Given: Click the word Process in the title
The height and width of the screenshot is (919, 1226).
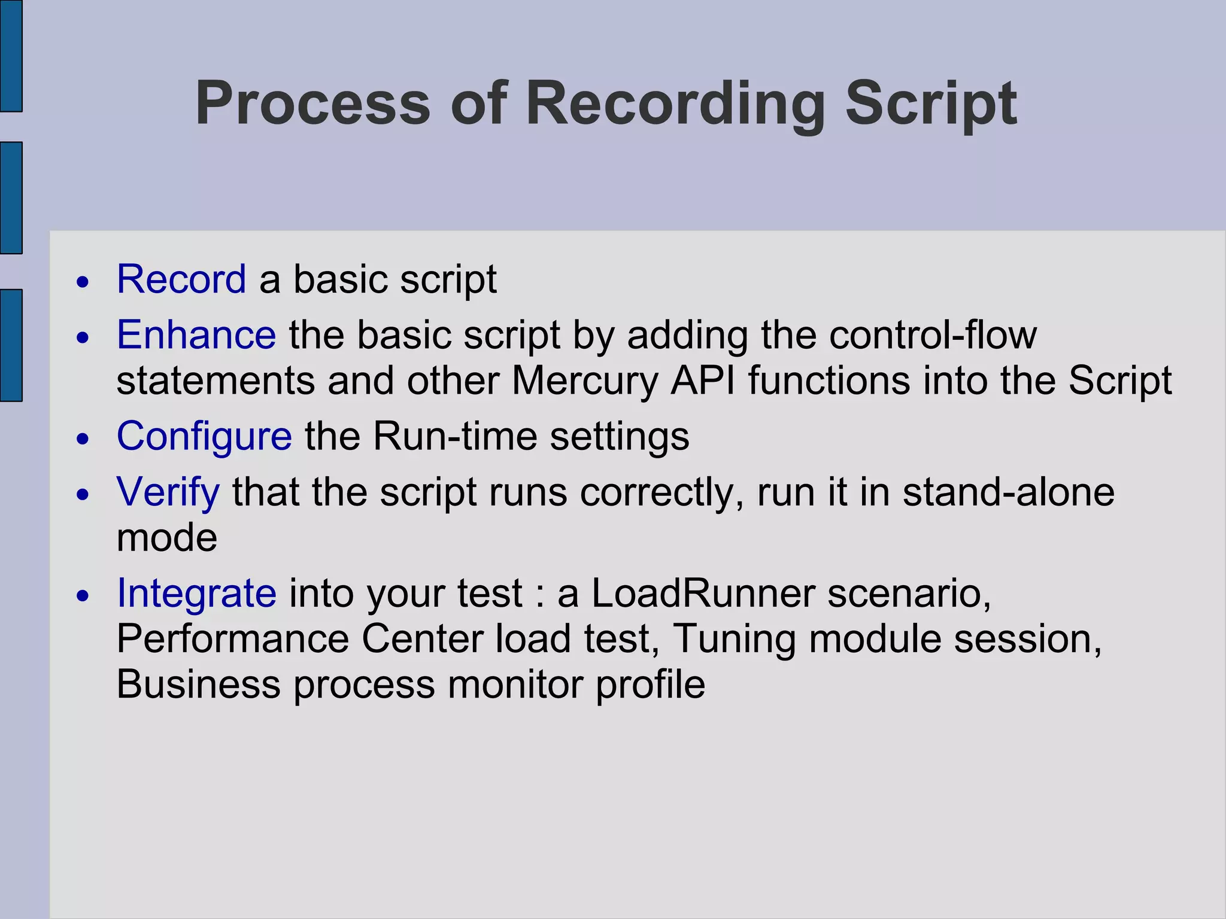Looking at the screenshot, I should click(312, 104).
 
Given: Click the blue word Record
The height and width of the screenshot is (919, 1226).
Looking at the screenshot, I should click(181, 279).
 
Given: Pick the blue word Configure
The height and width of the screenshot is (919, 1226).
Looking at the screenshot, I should click(204, 436).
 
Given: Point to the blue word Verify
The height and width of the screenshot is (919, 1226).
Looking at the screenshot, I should click(168, 492).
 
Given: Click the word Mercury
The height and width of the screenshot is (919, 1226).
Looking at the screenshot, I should click(585, 381).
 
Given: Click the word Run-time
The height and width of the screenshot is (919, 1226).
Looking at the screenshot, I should click(455, 436).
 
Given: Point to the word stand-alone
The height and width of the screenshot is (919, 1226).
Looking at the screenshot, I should click(1008, 492).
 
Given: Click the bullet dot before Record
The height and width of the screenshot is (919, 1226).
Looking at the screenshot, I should click(83, 282).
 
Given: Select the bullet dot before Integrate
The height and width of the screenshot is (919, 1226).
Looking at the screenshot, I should click(83, 596).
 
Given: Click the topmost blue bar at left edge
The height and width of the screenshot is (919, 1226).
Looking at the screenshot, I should click(11, 56).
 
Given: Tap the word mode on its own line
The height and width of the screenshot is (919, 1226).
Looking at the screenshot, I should click(166, 537).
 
